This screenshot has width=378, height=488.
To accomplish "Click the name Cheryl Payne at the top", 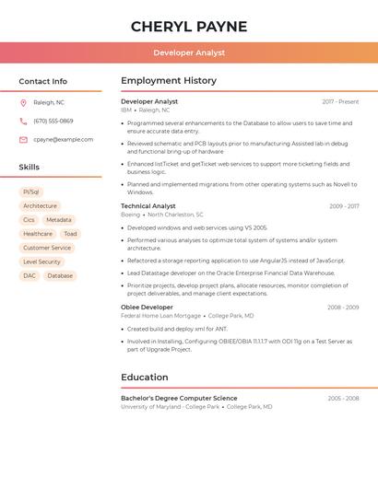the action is click(189, 26).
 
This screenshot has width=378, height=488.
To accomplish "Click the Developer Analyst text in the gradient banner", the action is click(189, 52).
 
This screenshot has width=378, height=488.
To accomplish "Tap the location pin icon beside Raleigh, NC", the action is click(23, 103).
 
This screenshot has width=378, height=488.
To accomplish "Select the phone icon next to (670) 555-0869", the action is click(23, 122).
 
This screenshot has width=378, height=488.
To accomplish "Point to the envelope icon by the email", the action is click(23, 140).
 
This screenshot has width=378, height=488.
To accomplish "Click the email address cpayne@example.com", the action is click(64, 140).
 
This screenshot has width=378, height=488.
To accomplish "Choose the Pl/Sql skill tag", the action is click(31, 192).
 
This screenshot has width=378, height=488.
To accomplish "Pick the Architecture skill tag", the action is click(40, 206).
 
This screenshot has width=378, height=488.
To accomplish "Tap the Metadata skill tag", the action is click(58, 220).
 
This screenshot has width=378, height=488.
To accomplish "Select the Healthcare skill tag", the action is click(38, 234).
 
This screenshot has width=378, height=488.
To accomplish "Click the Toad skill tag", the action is click(70, 234).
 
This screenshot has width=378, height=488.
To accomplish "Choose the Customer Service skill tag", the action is click(47, 248).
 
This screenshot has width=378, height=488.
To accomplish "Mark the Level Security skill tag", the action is click(41, 261).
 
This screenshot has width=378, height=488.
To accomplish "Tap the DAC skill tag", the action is click(30, 275).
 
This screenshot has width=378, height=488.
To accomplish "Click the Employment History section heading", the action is click(169, 81).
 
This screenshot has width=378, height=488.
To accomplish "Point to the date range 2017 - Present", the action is click(340, 101).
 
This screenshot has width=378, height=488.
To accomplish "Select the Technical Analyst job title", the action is click(148, 206).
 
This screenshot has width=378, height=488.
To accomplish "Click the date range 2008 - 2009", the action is click(342, 308).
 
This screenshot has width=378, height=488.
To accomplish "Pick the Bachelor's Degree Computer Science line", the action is click(179, 399).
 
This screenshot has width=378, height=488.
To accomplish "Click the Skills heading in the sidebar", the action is click(30, 168).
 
